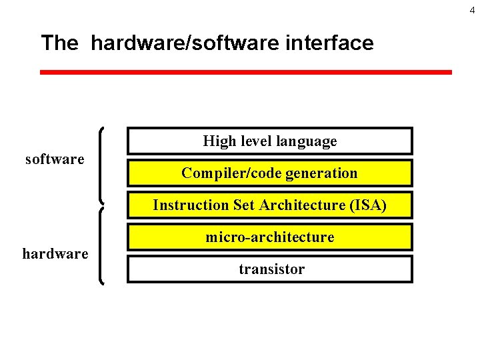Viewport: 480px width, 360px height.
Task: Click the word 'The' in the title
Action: click(59, 43)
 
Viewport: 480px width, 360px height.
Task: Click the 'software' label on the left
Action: click(55, 159)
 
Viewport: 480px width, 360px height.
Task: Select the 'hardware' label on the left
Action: click(55, 253)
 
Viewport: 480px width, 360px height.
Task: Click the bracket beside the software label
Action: click(101, 165)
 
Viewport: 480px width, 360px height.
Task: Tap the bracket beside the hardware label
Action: click(101, 247)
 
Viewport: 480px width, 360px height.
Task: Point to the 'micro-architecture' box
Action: click(270, 237)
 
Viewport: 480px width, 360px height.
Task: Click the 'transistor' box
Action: click(270, 269)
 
